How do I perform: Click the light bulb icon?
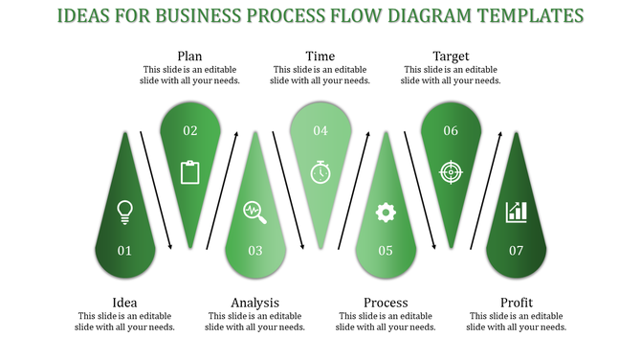pos(123,211)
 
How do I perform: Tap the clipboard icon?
pos(189,172)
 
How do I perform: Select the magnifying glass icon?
pos(254,211)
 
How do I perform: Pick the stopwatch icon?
pos(320,172)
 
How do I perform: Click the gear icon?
pos(386,212)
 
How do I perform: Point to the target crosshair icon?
pos(450,172)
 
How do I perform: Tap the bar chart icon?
pos(517,212)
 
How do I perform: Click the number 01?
pos(123,251)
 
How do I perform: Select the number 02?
pos(189,131)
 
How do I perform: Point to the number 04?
pos(320,131)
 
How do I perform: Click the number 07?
pos(517,251)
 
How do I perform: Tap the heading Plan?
pos(189,56)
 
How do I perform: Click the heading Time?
pos(320,56)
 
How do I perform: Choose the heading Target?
pos(451,56)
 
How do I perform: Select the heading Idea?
pos(123,304)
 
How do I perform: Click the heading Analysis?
pos(255,304)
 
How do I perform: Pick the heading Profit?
pos(517,304)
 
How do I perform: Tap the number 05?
pos(386,251)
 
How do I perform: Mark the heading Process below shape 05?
pos(386,304)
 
